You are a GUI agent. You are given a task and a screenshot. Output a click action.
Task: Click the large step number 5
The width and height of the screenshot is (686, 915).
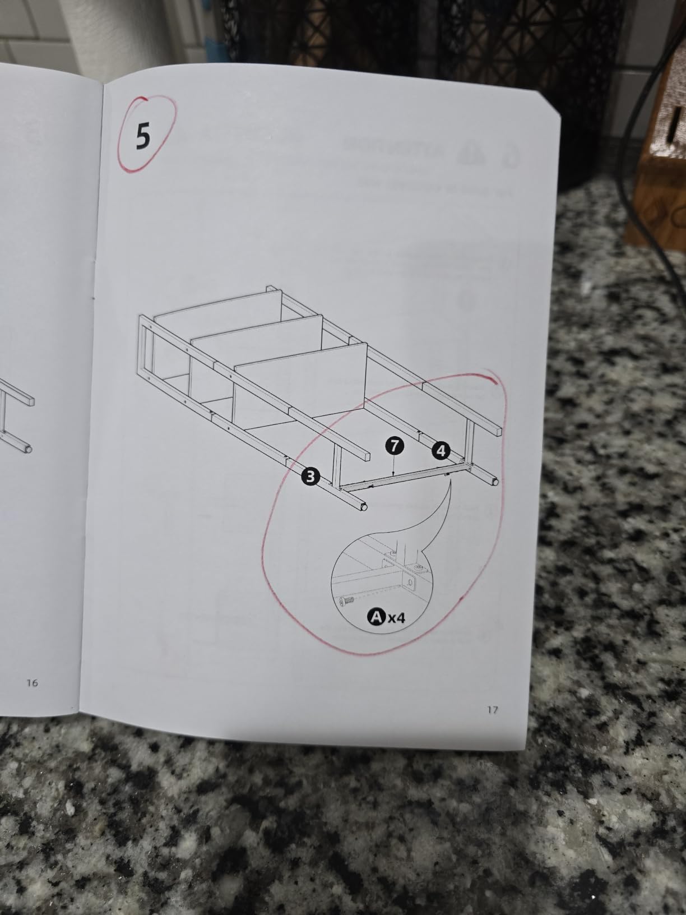click(142, 136)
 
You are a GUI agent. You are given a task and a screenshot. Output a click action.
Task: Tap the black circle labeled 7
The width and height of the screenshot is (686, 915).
click(395, 446)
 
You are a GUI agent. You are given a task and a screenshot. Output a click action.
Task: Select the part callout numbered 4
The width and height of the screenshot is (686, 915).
click(441, 450)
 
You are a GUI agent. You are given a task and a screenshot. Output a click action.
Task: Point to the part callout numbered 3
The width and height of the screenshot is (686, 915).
click(309, 476)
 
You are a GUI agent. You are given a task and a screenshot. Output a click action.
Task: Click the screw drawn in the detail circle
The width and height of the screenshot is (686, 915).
click(346, 600)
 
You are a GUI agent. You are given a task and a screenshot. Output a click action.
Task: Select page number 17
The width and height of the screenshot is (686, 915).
click(492, 709)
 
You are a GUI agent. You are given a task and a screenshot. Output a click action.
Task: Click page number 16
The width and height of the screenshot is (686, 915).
click(32, 682)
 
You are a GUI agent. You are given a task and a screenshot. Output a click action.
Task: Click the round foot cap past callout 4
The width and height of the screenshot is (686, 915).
click(495, 482)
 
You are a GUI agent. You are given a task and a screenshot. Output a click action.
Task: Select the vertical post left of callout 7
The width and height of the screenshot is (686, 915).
click(337, 463)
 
